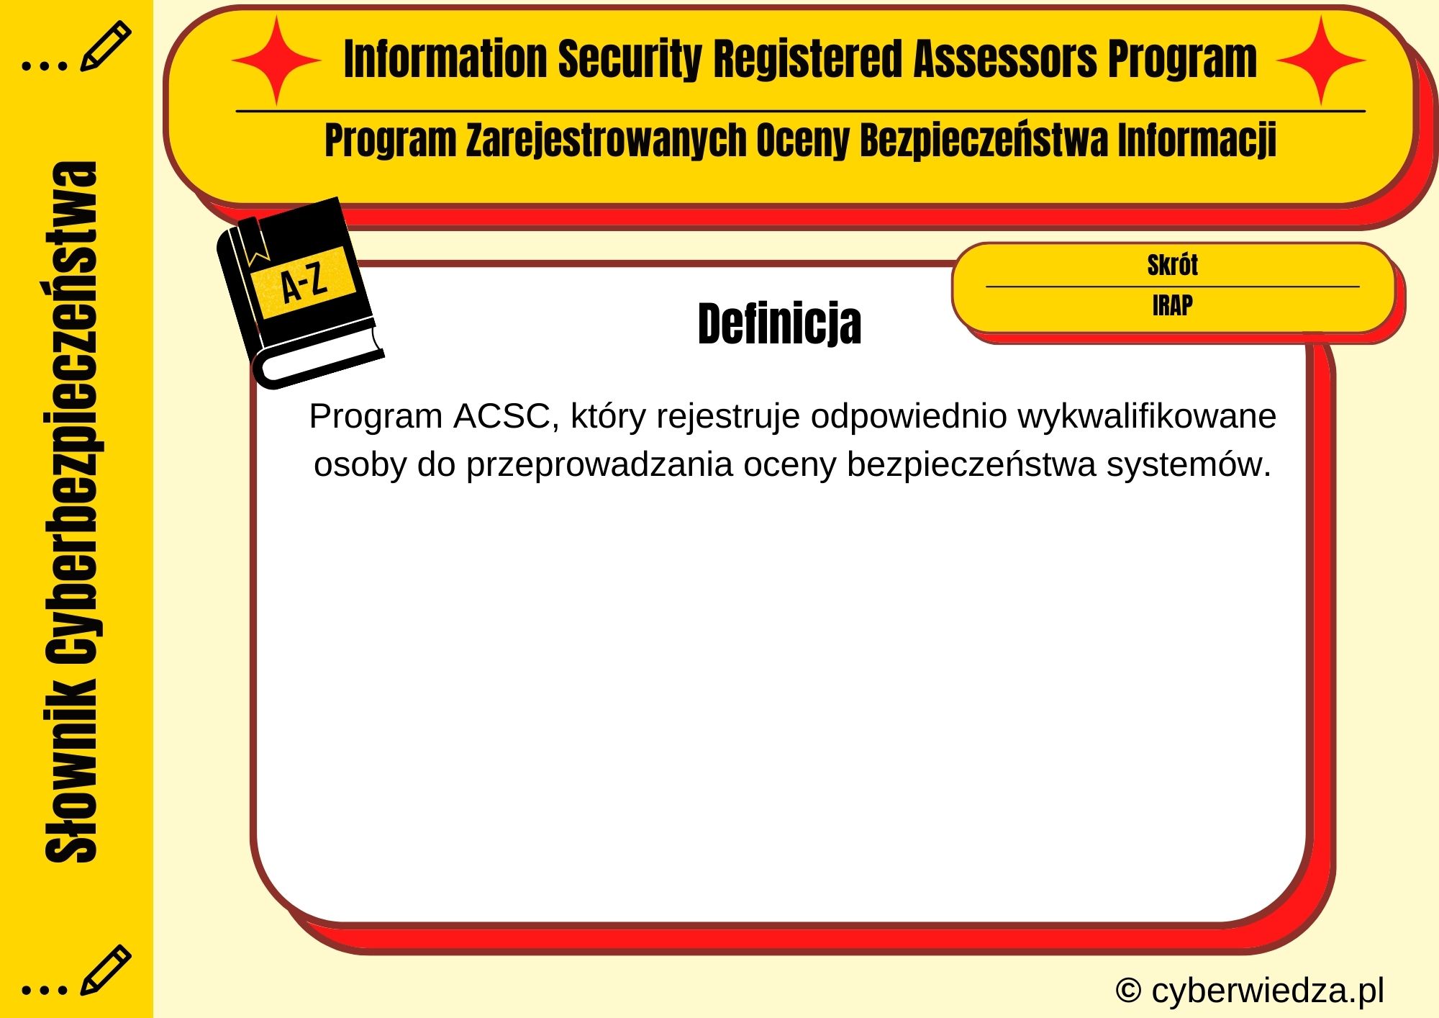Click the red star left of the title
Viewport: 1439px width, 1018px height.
tap(276, 61)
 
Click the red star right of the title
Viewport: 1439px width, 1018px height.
tap(1321, 61)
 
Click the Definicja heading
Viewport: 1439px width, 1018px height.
tap(779, 324)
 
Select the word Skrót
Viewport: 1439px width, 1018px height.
tap(1172, 265)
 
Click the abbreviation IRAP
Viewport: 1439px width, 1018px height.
tap(1172, 306)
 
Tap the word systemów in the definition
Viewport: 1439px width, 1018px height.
tap(1188, 464)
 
